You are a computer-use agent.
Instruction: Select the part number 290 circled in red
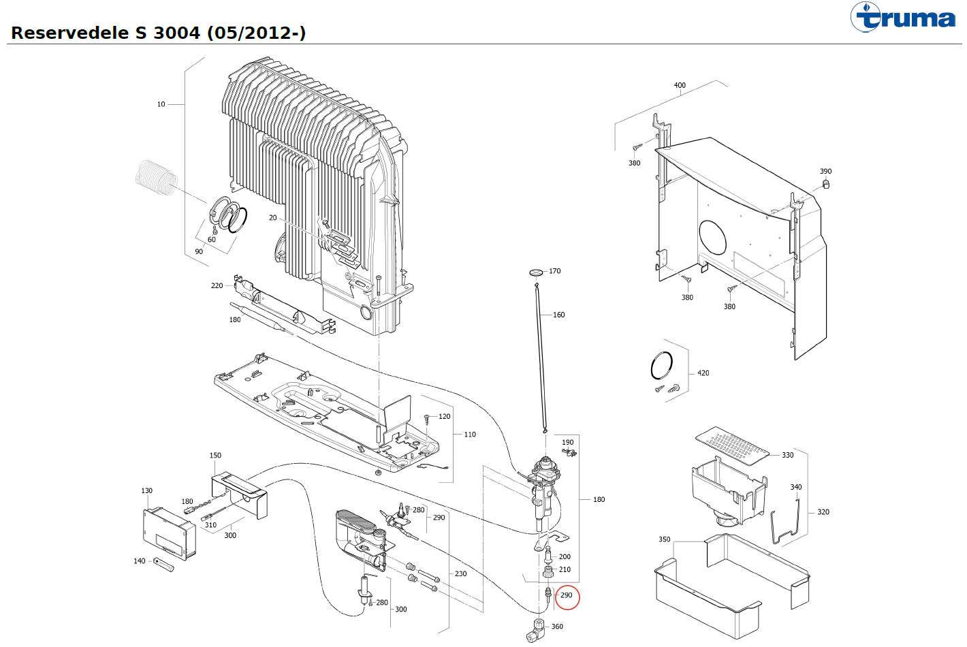(567, 595)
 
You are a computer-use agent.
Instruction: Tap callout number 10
(161, 104)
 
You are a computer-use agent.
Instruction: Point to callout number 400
(680, 86)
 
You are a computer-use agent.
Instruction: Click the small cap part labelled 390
(825, 184)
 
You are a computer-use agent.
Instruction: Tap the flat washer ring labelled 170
(536, 272)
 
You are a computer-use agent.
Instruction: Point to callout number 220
(217, 285)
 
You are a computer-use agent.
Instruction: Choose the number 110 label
(470, 435)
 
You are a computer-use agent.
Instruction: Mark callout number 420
(703, 373)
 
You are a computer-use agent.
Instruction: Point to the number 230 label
(460, 573)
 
